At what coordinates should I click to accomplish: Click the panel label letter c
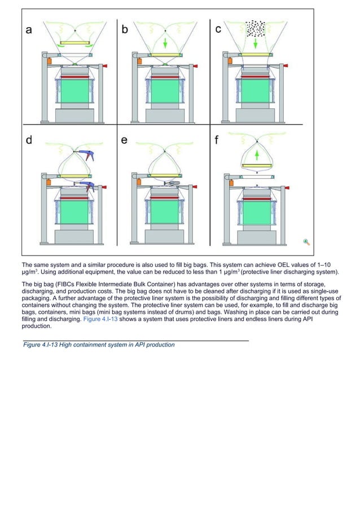tap(218, 29)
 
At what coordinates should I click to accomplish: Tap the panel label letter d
tap(28, 141)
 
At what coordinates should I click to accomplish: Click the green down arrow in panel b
tap(165, 43)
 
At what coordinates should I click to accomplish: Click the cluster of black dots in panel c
tap(257, 28)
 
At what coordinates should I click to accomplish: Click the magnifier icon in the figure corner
tap(306, 242)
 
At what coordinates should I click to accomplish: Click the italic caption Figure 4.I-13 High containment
tap(99, 345)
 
